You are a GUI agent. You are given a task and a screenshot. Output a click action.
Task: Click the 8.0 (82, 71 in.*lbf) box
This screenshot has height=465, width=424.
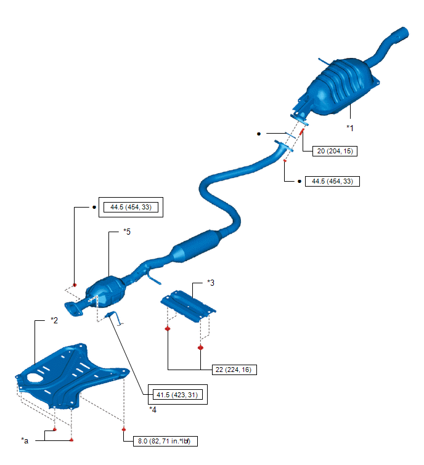pos(165,441)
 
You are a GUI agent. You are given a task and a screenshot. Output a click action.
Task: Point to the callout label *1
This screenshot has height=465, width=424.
pos(350,128)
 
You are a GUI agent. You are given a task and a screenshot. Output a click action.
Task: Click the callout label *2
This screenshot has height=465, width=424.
pos(54,320)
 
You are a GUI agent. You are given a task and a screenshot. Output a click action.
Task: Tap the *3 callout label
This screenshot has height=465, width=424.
pos(211,283)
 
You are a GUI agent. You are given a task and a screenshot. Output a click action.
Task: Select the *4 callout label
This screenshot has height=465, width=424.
pos(153,410)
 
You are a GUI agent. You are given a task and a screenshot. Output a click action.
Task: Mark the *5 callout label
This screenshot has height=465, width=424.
pos(127,232)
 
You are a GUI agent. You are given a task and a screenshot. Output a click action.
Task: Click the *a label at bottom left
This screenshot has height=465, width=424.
pos(25,441)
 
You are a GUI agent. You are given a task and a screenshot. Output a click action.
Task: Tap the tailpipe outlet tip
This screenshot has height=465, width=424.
pos(404,32)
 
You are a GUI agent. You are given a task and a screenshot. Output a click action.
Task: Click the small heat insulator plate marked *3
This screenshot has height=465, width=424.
pos(188,306)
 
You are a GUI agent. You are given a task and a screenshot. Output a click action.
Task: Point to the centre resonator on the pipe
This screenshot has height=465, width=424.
pos(197,247)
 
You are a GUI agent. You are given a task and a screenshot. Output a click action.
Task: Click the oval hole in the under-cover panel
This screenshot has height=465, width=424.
pos(35,378)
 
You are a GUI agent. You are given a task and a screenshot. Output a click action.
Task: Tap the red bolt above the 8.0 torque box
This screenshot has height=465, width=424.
pos(124,429)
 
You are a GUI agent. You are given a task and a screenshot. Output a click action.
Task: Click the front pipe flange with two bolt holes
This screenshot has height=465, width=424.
pos(73,309)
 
